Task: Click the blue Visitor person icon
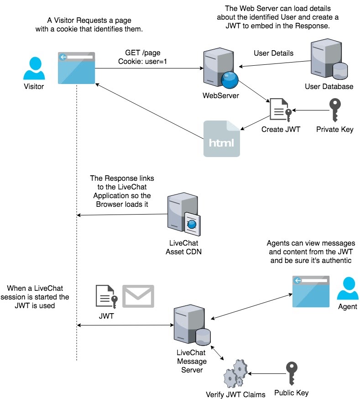[x=34, y=68]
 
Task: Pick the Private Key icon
[x=335, y=110]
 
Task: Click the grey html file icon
[x=222, y=139]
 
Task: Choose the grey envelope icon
[x=138, y=296]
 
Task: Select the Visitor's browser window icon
[x=77, y=68]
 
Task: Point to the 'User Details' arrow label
[x=273, y=53]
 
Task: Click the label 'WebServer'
[x=221, y=96]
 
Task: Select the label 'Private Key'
[x=335, y=129]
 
